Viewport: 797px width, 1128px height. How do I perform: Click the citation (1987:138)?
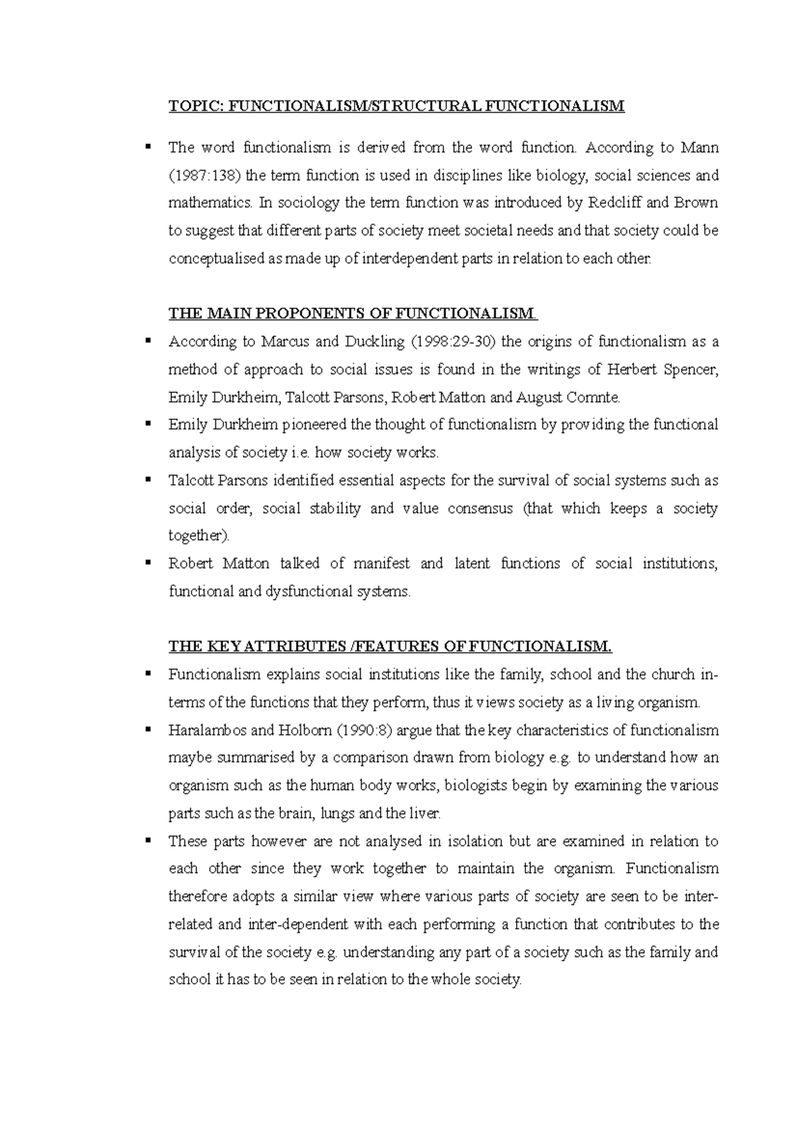[x=206, y=176]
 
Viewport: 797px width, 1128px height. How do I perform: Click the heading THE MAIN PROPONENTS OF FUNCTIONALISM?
[x=353, y=314]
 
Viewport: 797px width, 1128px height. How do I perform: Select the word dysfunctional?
[x=308, y=592]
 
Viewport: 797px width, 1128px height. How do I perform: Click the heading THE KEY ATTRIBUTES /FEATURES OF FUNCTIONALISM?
[x=390, y=647]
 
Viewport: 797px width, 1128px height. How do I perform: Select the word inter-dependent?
[x=298, y=925]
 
